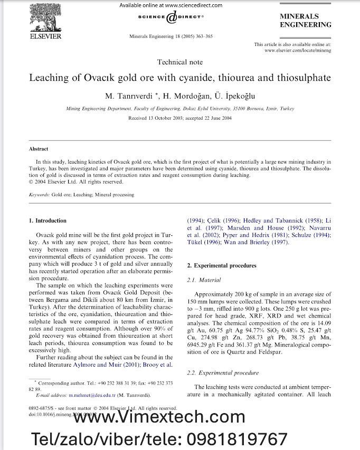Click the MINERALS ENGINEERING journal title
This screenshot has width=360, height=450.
tap(306, 21)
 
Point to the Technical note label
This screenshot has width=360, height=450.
tap(179, 62)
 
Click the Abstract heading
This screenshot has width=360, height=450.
tap(39, 149)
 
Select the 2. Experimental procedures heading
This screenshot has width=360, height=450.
tap(222, 265)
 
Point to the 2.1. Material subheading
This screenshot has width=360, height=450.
tap(204, 280)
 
